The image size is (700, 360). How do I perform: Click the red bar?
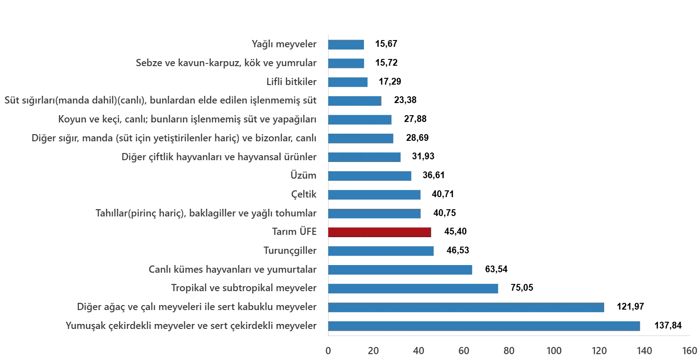point(379,232)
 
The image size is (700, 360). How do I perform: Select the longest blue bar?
point(484,326)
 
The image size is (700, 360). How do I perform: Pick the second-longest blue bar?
point(466,307)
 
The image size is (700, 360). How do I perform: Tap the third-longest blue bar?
point(413,288)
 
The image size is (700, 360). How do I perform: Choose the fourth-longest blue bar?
point(401,270)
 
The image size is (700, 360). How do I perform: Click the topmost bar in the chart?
point(346,45)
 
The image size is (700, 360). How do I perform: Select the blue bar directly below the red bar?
point(381,251)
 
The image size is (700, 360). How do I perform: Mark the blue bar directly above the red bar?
point(374,214)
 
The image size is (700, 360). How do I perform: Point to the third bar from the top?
point(349,82)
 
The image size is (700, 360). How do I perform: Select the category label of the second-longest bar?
point(196,307)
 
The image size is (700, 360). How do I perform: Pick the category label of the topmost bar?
point(284,45)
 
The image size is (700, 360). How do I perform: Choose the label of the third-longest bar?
point(242,288)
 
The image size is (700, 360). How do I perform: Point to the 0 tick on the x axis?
point(328,350)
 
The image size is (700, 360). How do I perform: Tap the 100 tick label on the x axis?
point(553,350)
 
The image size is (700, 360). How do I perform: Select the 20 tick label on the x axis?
point(373,350)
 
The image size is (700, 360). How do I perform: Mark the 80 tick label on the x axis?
point(509,350)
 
